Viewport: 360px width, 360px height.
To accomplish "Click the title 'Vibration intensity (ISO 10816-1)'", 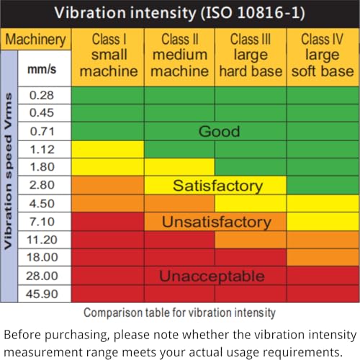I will (x=180, y=14).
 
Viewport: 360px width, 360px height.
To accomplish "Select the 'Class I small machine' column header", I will (x=108, y=55).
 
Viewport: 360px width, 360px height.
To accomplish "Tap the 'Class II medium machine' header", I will (x=179, y=55).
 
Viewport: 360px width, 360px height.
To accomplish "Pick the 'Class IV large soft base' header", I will (x=322, y=55).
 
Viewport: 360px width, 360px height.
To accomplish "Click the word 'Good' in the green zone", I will (x=219, y=132).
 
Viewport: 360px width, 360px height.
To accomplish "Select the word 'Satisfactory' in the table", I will (x=217, y=186).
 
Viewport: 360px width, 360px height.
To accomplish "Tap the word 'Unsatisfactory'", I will (x=215, y=222).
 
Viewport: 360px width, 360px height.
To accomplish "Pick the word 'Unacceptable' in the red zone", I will (x=211, y=276).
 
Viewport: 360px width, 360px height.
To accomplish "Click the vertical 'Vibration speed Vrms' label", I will (x=11, y=176).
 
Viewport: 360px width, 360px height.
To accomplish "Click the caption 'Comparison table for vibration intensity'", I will (x=180, y=312).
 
